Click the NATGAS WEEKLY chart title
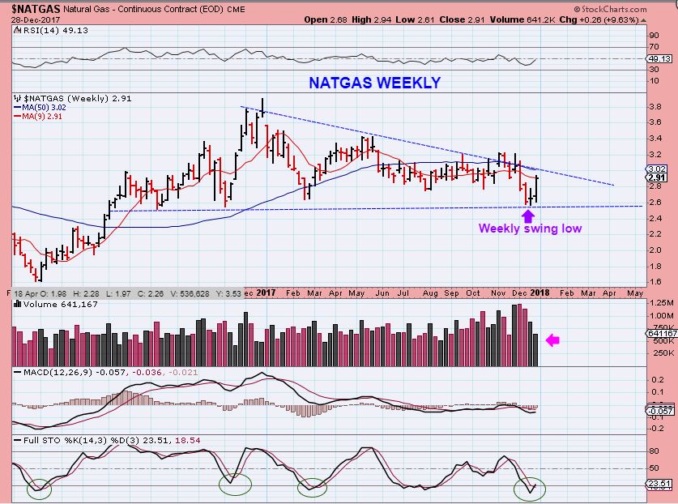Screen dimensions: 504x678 click(x=373, y=83)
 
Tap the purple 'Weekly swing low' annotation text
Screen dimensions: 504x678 click(x=530, y=229)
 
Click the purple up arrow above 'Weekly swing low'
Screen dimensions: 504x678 click(x=528, y=215)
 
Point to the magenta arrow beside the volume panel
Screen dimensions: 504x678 click(x=552, y=340)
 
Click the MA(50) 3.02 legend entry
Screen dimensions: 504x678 click(x=45, y=107)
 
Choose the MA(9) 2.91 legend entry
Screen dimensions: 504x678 click(x=43, y=116)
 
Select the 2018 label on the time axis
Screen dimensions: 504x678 click(x=540, y=292)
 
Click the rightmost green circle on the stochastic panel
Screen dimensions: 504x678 click(x=531, y=489)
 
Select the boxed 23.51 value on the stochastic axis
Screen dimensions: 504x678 click(x=661, y=485)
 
